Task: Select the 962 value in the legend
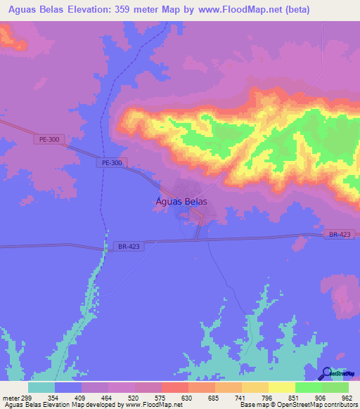pyautogui.click(x=347, y=397)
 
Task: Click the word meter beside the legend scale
pyautogui.click(x=11, y=397)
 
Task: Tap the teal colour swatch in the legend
pyautogui.click(x=41, y=387)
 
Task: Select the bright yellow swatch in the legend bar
pyautogui.click(x=281, y=387)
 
